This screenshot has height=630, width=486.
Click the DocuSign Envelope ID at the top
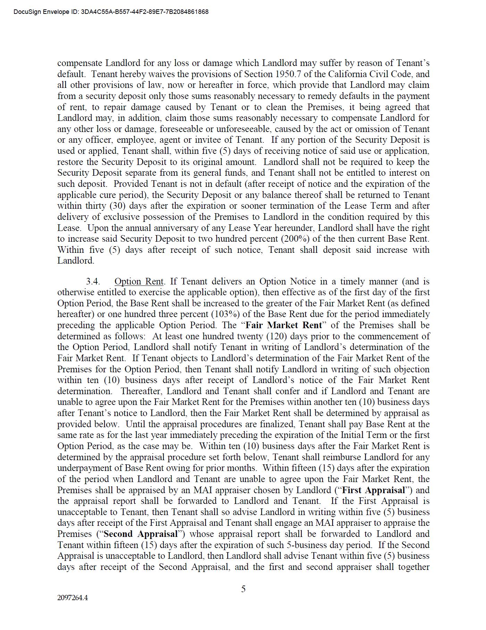pos(111,12)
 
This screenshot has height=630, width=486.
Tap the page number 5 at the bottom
pos(243,589)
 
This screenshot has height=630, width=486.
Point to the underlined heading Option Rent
pos(139,281)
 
